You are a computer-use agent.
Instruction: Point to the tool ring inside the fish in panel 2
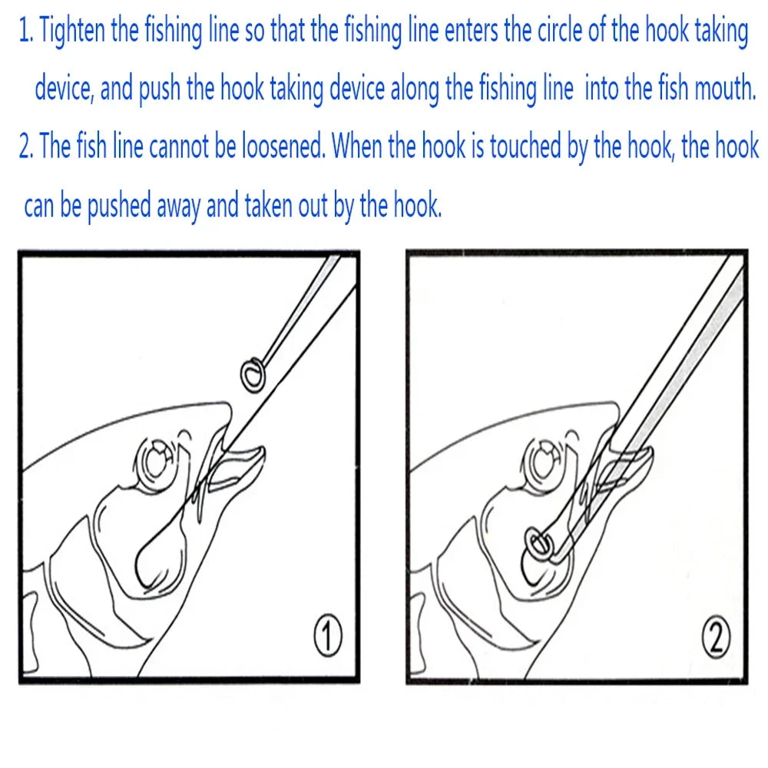[x=537, y=544]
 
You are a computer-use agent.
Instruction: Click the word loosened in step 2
[x=284, y=146]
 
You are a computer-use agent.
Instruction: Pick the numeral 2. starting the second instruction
[x=26, y=146]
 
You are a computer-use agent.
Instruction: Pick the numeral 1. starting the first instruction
[x=26, y=33]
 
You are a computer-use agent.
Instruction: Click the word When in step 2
[x=358, y=146]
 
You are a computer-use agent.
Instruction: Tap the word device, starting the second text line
[x=64, y=90]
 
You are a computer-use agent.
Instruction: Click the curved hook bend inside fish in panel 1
[x=146, y=564]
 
